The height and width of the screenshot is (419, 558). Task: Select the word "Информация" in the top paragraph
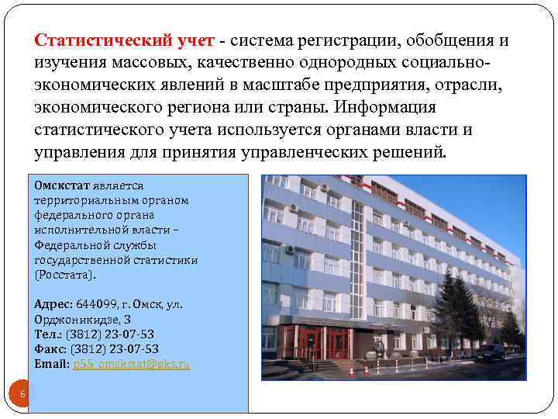point(394,106)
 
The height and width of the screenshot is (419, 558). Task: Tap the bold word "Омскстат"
point(62,186)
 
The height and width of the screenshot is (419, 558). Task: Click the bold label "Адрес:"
point(53,305)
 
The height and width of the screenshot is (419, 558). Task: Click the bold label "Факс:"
point(50,348)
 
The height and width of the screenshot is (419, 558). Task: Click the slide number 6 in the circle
point(22,394)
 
